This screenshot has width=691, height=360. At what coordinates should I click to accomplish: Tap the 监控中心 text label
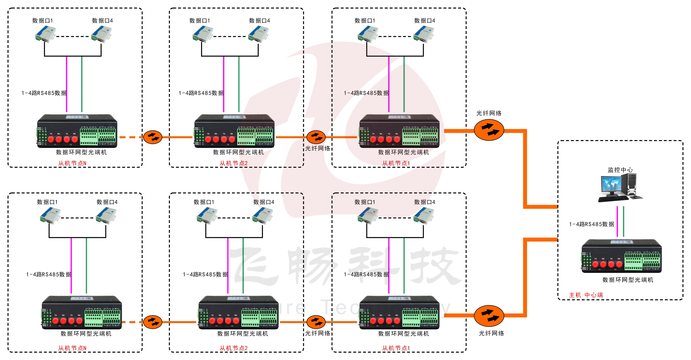tap(620, 170)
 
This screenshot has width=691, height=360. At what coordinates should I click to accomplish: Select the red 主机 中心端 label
tap(586, 295)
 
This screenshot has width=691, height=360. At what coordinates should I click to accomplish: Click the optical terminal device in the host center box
tap(621, 257)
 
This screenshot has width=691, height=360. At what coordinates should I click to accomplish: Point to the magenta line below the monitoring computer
tap(617, 221)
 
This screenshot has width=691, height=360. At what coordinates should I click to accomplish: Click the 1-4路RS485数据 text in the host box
tap(591, 224)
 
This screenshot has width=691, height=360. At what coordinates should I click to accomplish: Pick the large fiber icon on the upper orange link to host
tap(489, 130)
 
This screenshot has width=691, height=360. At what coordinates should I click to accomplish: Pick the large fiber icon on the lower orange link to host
tap(489, 316)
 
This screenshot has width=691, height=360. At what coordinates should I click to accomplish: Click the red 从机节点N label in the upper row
tap(72, 163)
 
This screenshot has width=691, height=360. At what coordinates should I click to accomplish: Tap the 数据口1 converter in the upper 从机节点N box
tap(45, 34)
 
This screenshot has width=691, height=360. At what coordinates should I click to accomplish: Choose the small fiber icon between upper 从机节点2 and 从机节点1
tap(316, 137)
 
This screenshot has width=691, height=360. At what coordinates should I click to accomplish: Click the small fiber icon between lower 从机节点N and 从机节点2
tap(153, 322)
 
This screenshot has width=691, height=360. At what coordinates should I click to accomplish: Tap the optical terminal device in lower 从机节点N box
tap(82, 313)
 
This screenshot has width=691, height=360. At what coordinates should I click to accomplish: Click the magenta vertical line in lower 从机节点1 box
tap(389, 266)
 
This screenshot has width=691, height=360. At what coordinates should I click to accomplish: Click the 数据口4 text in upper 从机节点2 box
tap(259, 21)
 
